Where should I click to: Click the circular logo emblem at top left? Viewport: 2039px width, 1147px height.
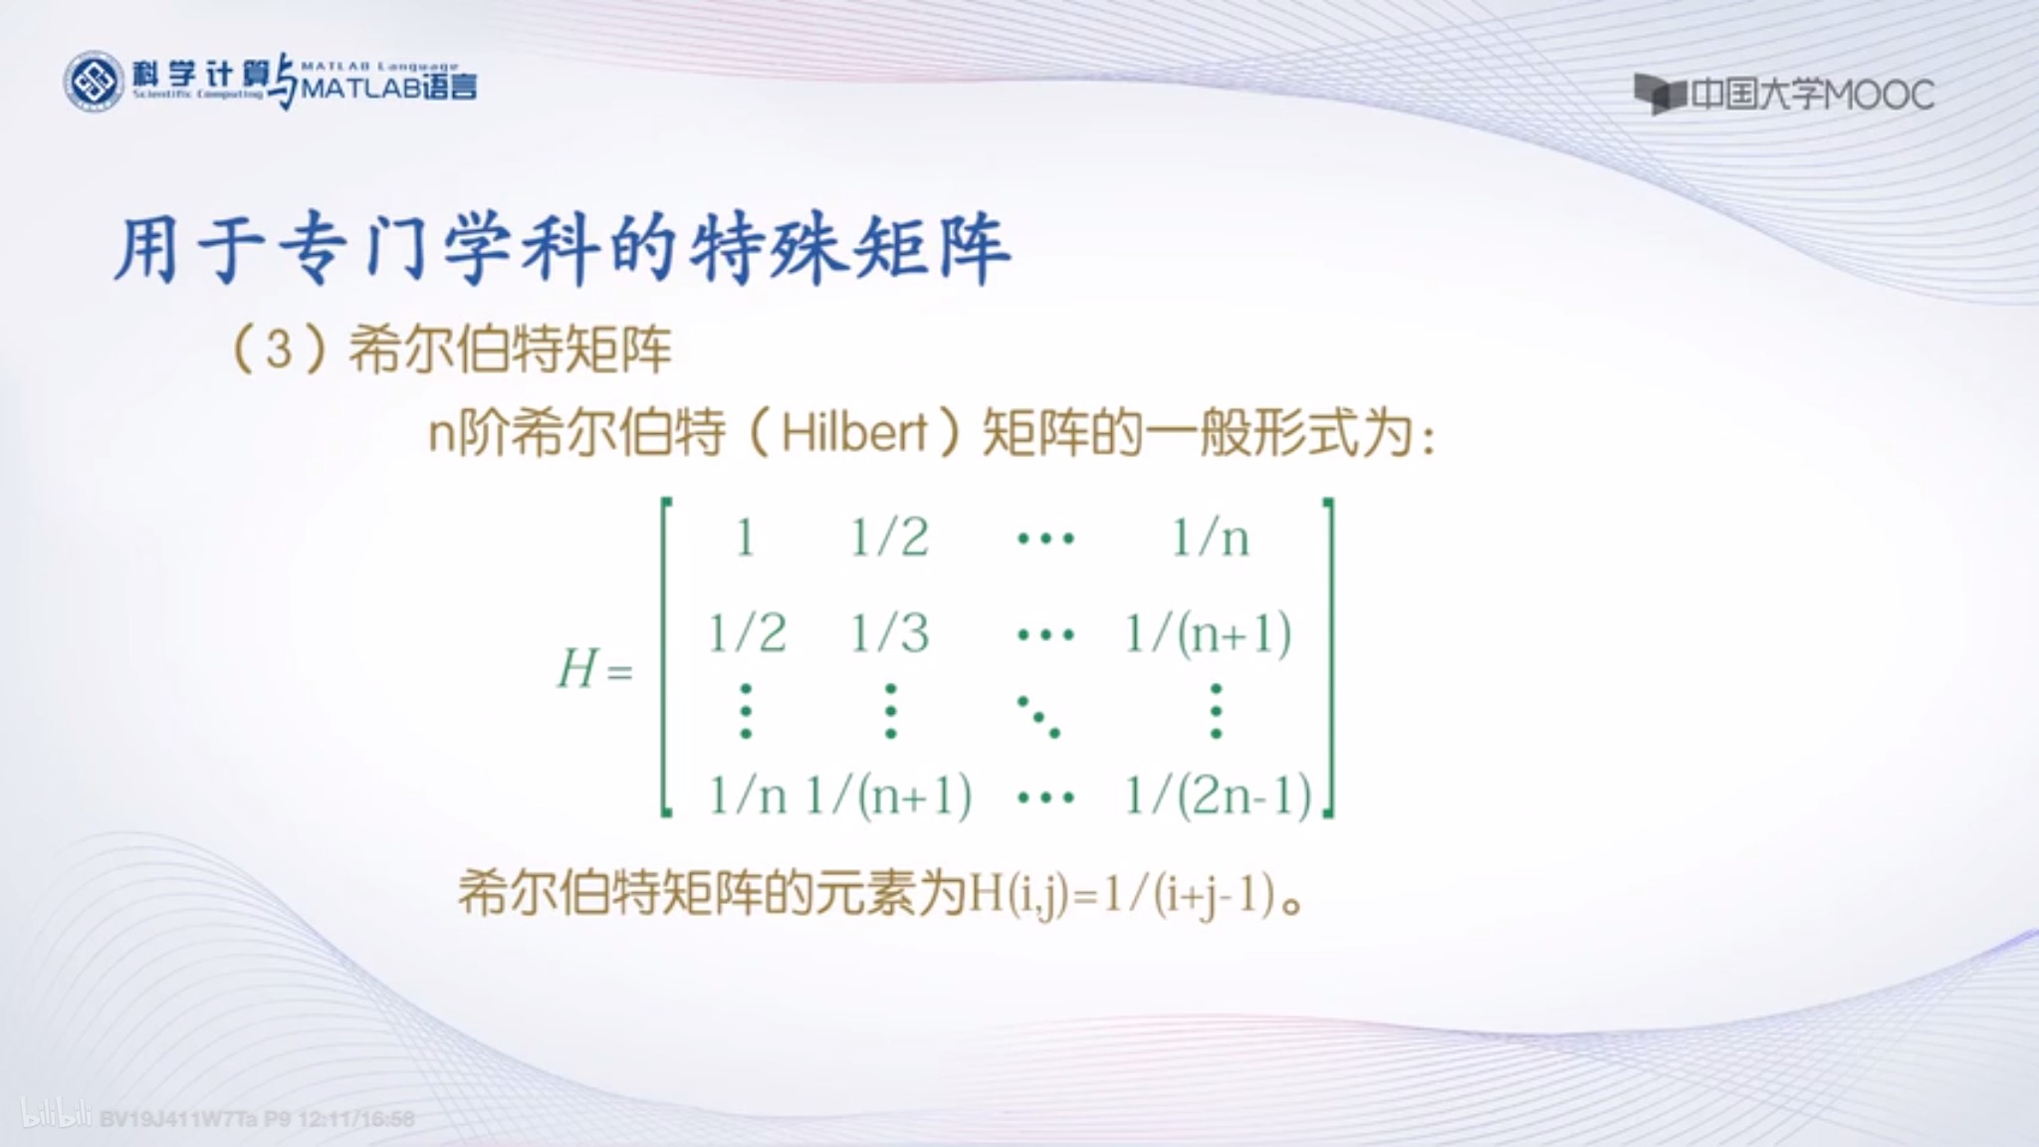pos(94,82)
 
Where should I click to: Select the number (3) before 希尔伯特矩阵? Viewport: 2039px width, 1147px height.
pos(280,349)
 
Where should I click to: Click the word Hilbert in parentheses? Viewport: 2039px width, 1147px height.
pos(854,433)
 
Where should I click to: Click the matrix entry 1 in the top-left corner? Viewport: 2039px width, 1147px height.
pos(745,539)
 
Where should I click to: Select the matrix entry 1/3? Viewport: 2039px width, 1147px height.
pos(889,633)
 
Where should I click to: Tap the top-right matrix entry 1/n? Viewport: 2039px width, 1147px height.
pos(1210,539)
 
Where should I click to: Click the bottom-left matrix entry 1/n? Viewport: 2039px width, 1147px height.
pos(747,797)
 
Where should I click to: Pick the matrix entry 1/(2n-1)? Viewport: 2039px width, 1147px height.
pos(1218,797)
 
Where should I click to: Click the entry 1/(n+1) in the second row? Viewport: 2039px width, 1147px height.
pos(1208,633)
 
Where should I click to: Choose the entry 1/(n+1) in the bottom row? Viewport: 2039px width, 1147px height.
pos(888,797)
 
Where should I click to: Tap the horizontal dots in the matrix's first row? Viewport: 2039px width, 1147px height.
pos(1045,540)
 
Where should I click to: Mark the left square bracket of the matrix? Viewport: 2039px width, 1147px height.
pos(666,657)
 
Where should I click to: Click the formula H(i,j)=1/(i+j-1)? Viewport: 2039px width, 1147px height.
pos(1122,895)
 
